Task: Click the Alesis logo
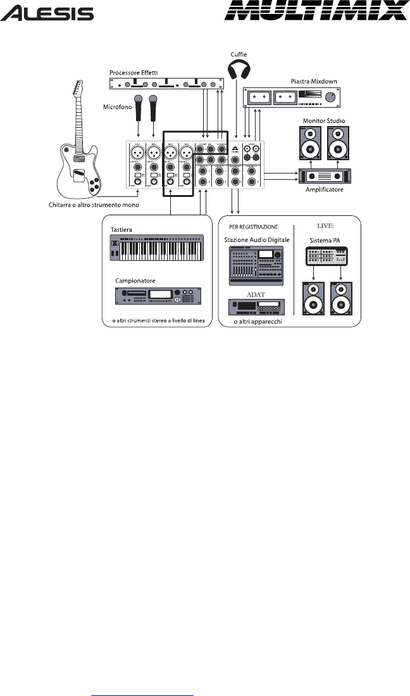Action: (47, 13)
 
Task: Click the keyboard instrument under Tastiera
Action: (157, 249)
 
